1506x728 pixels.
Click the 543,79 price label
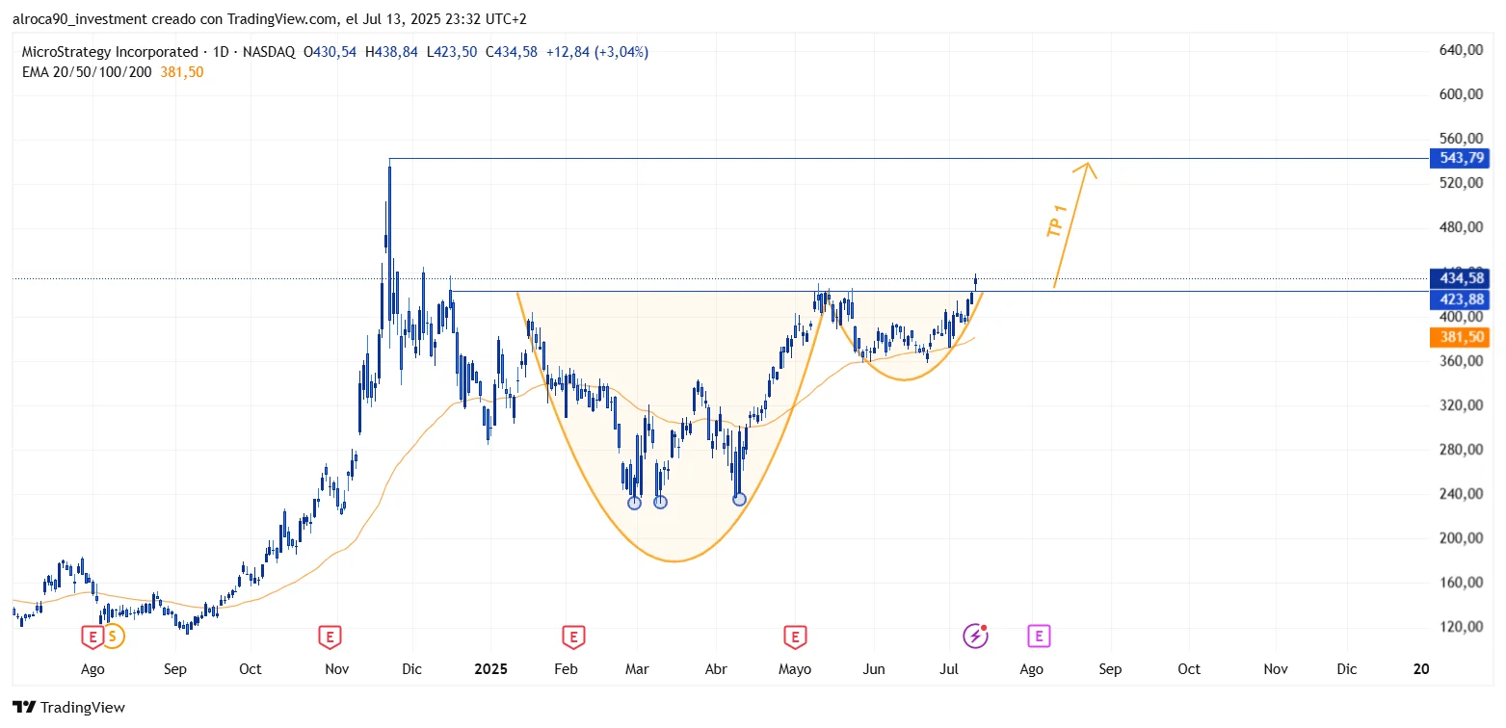click(1461, 159)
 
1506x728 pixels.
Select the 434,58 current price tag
click(1461, 278)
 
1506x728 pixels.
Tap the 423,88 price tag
click(1461, 300)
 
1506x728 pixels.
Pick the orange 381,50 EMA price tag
click(1461, 337)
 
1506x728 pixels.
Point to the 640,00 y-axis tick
click(1461, 50)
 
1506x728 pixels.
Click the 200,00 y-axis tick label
click(1461, 538)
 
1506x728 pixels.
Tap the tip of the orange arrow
click(1088, 163)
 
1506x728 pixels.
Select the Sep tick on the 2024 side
click(174, 669)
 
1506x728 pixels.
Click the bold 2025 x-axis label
click(490, 669)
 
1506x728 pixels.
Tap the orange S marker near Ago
click(113, 636)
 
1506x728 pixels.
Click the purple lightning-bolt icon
click(975, 636)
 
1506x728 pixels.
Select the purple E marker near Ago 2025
click(1039, 636)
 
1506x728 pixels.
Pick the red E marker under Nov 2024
click(330, 636)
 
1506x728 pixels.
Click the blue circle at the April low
click(739, 499)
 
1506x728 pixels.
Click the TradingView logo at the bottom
click(69, 708)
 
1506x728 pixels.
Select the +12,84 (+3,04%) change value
click(597, 52)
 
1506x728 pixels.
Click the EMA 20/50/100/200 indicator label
click(87, 72)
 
